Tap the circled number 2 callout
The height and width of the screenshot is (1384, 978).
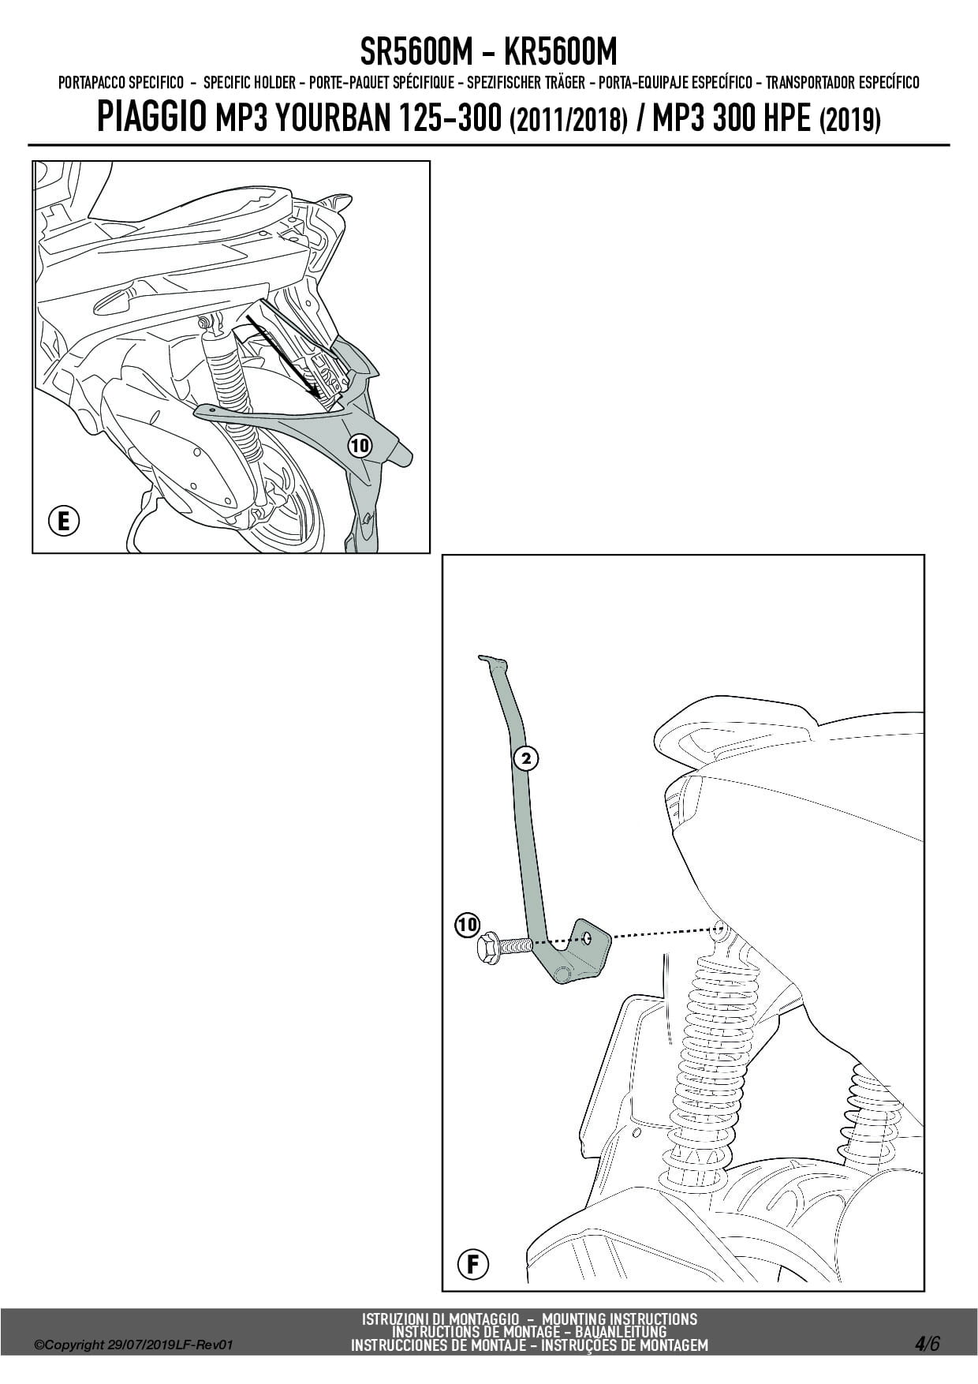[526, 759]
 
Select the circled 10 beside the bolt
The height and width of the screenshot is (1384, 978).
[467, 924]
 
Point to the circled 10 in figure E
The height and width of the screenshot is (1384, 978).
[360, 446]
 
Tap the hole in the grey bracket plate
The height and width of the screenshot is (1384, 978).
[588, 937]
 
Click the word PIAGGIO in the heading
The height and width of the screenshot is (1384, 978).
[151, 117]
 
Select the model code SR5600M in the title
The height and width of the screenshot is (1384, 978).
[416, 51]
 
